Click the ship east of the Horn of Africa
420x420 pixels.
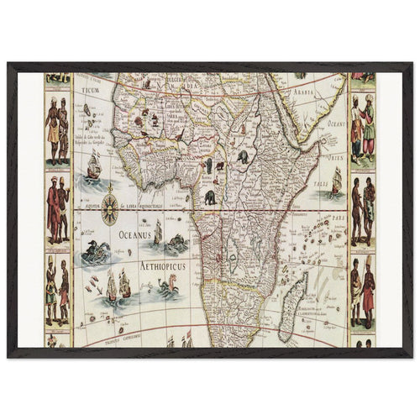[x=336, y=180]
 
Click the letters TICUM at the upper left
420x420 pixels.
[x=89, y=87]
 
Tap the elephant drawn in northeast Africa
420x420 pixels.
[x=242, y=158]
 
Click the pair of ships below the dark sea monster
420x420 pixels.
[x=118, y=286]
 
